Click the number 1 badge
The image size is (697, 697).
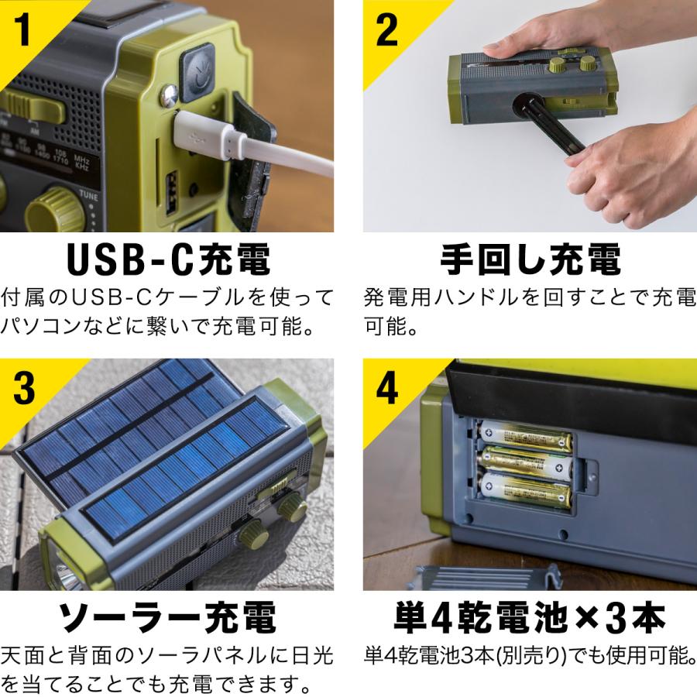point(24,29)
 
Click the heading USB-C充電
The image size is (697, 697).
point(168,261)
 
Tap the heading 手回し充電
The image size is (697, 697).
point(530,261)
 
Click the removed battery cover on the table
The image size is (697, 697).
point(488,578)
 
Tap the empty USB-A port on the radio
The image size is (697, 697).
point(172,194)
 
